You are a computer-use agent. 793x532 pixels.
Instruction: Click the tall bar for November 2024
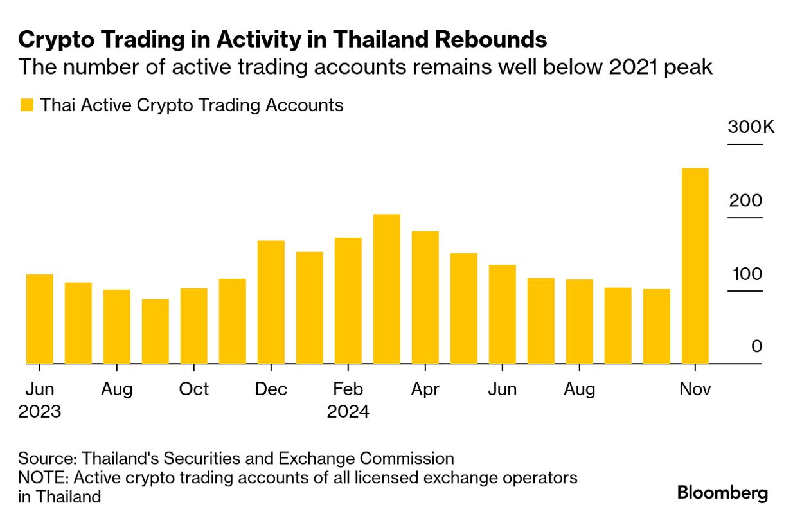pos(695,266)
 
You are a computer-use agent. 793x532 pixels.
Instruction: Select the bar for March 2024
pos(386,289)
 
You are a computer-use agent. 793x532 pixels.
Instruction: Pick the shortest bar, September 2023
pos(155,332)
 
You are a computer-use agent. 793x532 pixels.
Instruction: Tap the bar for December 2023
pos(271,302)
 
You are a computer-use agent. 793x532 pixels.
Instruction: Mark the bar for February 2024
pos(348,301)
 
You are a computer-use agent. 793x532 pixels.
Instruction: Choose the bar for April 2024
pos(425,297)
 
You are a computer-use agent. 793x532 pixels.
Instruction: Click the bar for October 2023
pos(193,326)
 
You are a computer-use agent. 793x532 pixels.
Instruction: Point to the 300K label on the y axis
pos(751,127)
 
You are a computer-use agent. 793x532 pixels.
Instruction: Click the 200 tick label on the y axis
pos(745,200)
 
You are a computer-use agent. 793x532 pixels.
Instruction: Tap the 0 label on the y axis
pos(756,347)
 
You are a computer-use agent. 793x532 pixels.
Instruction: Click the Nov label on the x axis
pos(695,389)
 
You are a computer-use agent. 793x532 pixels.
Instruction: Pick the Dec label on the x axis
pos(271,389)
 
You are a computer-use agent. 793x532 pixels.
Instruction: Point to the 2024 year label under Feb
pos(348,411)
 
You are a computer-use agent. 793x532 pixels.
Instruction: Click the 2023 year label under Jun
pos(39,411)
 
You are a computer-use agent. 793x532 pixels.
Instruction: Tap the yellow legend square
pos(26,105)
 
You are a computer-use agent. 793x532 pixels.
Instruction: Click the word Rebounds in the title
pos(491,40)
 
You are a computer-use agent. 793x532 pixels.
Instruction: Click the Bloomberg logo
pos(722,493)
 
